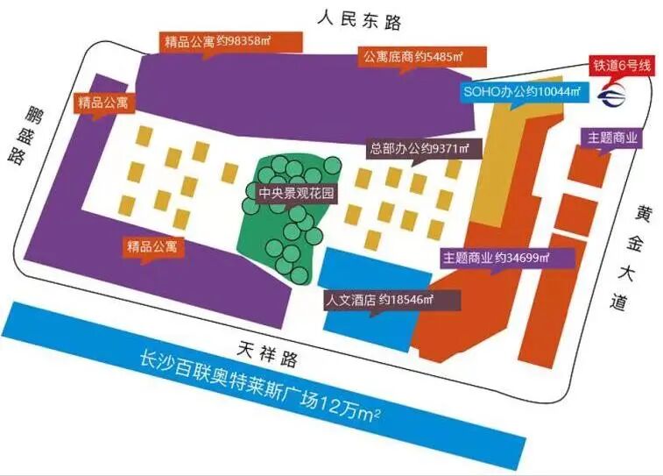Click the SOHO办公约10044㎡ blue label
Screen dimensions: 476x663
point(521,91)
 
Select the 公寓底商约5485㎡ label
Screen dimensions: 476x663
point(413,57)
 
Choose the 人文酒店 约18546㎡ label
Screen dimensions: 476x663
point(378,299)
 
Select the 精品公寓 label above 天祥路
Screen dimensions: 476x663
point(154,247)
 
